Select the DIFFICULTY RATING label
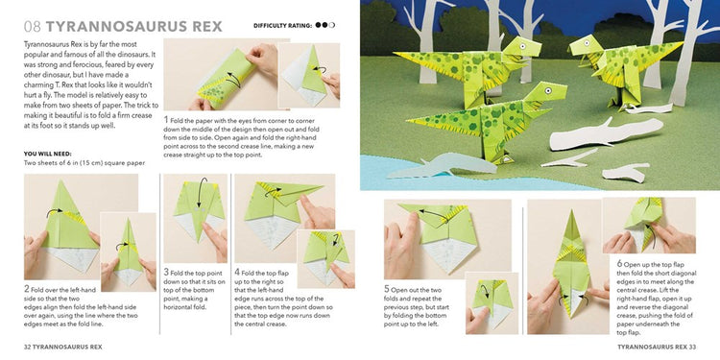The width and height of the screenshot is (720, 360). pyautogui.click(x=283, y=25)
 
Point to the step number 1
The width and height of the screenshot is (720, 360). pyautogui.click(x=166, y=120)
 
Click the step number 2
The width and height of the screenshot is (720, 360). pyautogui.click(x=26, y=288)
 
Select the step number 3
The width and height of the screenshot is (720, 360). pyautogui.click(x=166, y=273)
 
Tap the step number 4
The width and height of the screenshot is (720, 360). pyautogui.click(x=237, y=273)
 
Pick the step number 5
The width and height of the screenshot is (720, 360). pyautogui.click(x=387, y=288)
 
